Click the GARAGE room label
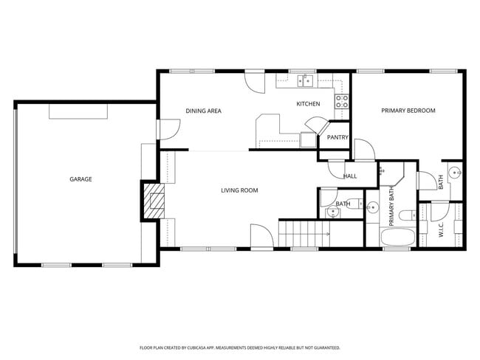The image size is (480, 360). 80,179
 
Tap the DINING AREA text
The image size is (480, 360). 203,111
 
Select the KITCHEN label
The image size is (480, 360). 308,104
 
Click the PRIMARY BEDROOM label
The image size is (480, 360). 408,111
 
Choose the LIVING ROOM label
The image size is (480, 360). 239,190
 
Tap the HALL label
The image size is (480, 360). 350,176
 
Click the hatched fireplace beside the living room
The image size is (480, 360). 156,201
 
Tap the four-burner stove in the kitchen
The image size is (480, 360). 342,101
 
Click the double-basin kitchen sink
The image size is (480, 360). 306,81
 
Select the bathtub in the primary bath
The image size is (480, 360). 397,238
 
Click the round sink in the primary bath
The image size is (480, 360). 373,207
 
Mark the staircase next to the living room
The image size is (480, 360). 304,234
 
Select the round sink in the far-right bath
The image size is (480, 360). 456,175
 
